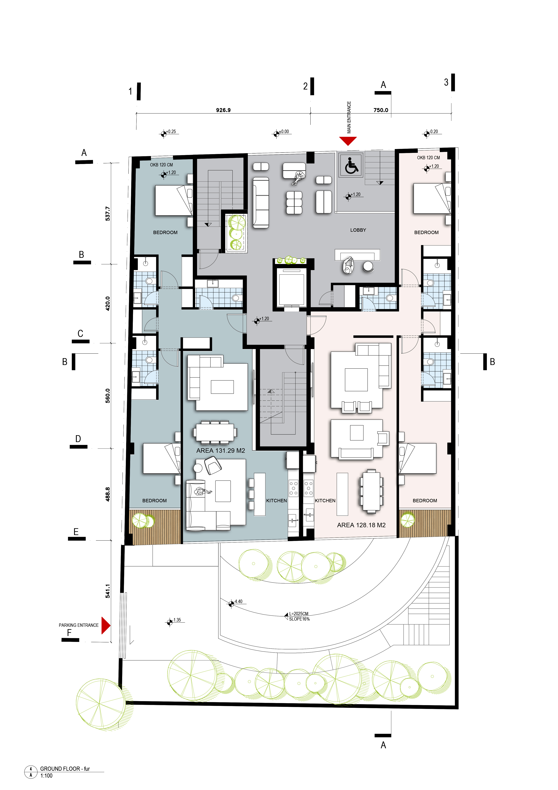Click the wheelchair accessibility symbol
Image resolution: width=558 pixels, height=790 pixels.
click(351, 165)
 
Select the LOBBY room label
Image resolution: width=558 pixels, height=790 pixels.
click(358, 230)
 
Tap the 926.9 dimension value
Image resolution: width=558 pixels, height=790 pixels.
click(223, 110)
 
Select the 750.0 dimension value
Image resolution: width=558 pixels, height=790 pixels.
click(381, 110)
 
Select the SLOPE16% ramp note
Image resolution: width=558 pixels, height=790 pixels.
click(299, 619)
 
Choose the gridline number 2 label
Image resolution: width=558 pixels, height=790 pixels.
click(305, 86)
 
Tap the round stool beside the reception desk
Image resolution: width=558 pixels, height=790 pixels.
click(368, 267)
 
